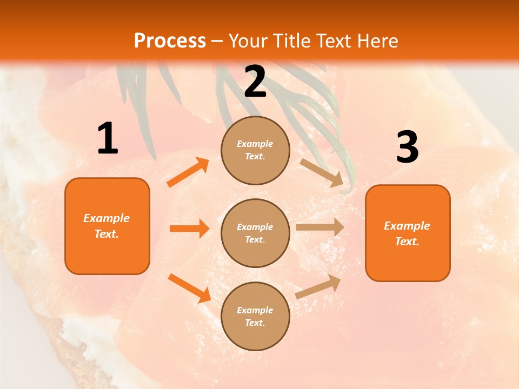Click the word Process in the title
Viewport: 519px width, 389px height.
pos(170,41)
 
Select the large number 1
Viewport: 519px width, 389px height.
pos(108,139)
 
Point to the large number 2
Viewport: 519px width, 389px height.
pos(255,82)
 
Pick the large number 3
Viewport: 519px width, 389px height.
pos(407,147)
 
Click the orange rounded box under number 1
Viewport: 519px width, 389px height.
pos(107,226)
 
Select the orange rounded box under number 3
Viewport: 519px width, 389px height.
pos(408,233)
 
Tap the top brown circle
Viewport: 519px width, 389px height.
pos(255,150)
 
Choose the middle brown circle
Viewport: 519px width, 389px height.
pos(255,233)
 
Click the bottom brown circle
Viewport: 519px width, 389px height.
pos(255,316)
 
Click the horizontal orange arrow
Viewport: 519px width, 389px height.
pos(189,229)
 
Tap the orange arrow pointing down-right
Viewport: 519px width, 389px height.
pos(189,288)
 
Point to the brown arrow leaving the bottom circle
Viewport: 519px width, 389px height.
pos(318,286)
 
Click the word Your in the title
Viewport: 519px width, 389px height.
pos(247,41)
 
